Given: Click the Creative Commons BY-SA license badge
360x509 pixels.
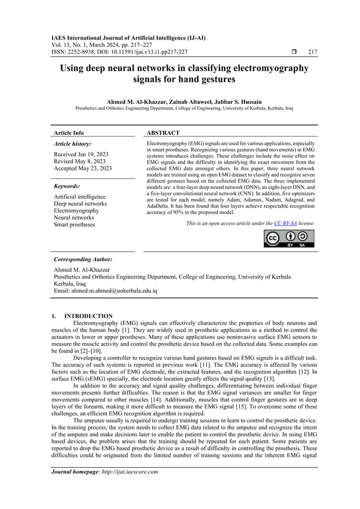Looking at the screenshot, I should click(289, 239).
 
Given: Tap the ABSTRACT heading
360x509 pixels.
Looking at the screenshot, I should click(164, 133).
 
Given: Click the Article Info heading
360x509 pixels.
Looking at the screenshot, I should click(68, 133).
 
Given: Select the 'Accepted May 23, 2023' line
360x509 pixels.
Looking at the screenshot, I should click(82, 168).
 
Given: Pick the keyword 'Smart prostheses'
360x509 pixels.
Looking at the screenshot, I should click(74, 225).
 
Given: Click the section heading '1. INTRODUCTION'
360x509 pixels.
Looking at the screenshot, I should click(82, 316).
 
